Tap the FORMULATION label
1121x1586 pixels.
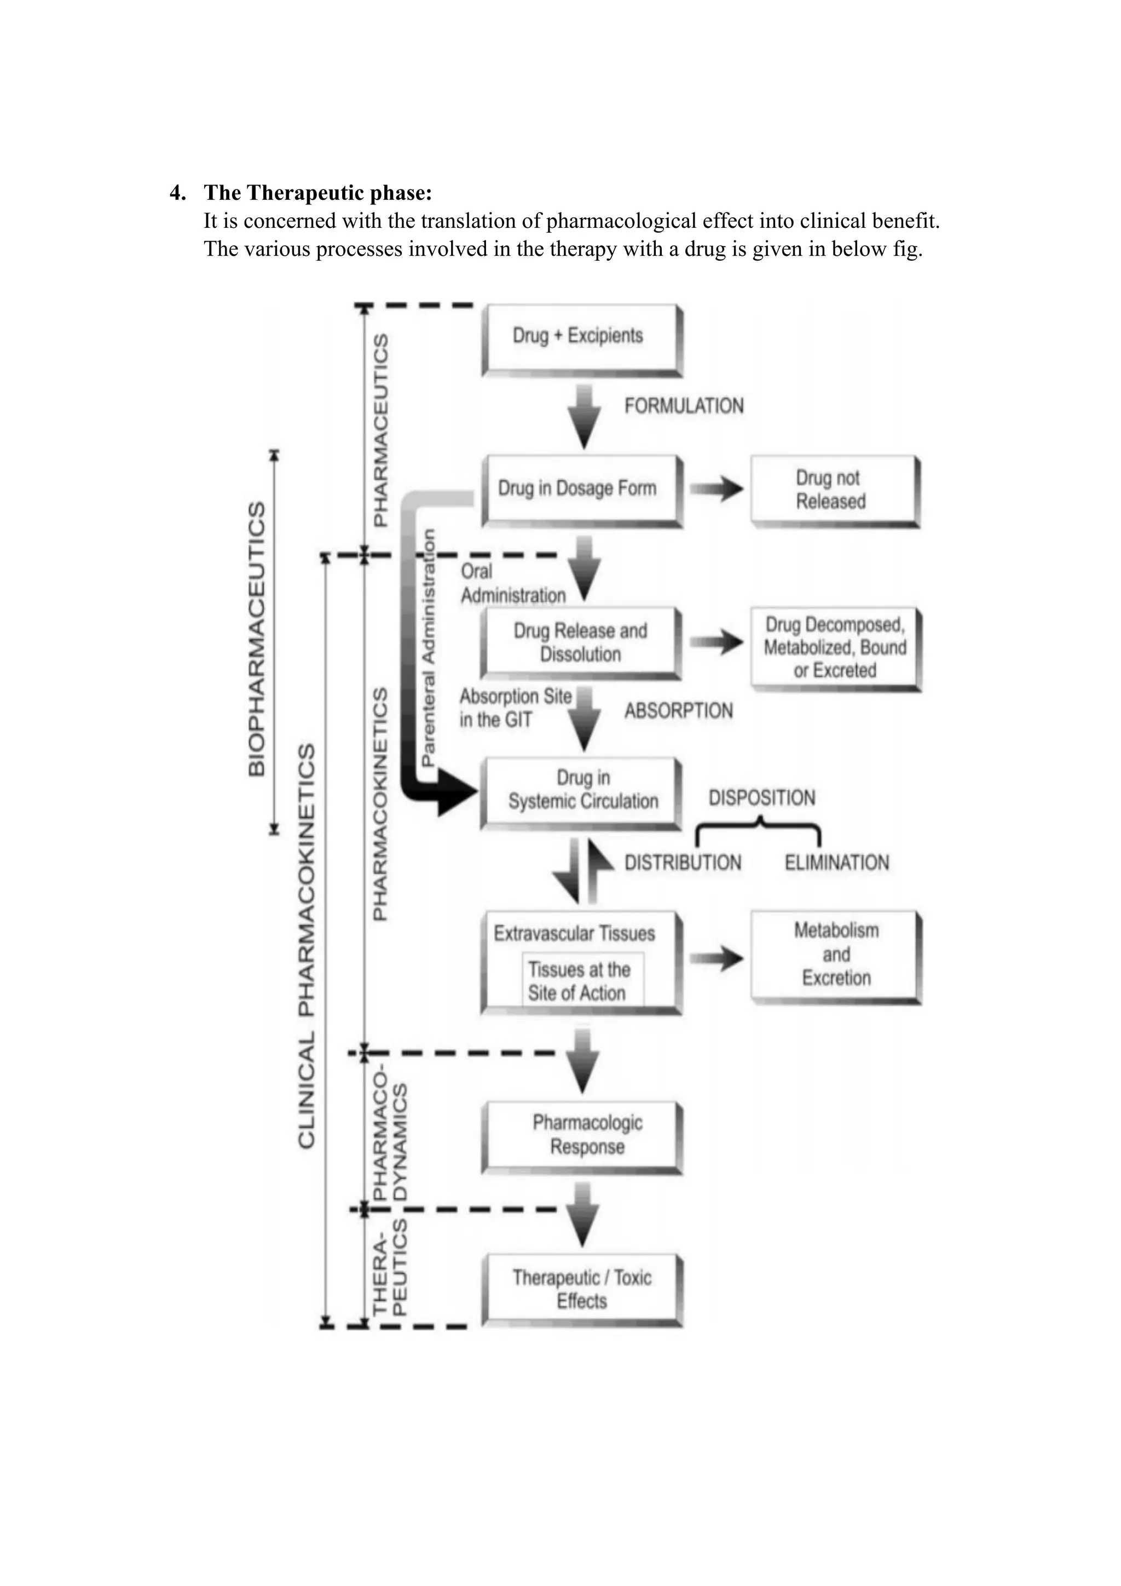tap(683, 406)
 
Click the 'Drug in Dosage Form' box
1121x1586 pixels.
tap(579, 489)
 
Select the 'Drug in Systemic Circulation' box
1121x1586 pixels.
tap(582, 790)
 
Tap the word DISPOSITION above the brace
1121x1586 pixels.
tap(761, 798)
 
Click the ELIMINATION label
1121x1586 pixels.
tap(836, 863)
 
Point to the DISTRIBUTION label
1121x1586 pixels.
tap(683, 863)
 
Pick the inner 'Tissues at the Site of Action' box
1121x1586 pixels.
tap(585, 981)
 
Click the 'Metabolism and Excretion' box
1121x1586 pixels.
tap(835, 955)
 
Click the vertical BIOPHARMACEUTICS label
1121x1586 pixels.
tap(256, 639)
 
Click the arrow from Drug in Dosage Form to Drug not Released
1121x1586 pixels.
tap(716, 490)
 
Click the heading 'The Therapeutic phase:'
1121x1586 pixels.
tap(317, 193)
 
